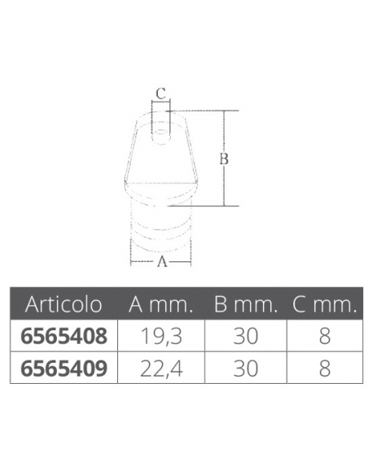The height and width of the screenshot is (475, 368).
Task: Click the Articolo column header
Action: [64, 305]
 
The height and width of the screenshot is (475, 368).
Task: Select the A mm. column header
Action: [160, 305]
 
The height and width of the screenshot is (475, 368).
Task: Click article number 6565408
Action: [64, 335]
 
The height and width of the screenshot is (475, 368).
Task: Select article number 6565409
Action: [64, 368]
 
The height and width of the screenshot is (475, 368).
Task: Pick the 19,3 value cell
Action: [160, 335]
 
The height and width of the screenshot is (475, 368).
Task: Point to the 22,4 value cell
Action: [160, 368]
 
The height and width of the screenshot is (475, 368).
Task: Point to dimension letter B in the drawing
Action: [222, 159]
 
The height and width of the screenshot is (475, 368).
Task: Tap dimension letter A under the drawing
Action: [161, 262]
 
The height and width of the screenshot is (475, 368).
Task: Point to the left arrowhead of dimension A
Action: [132, 262]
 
